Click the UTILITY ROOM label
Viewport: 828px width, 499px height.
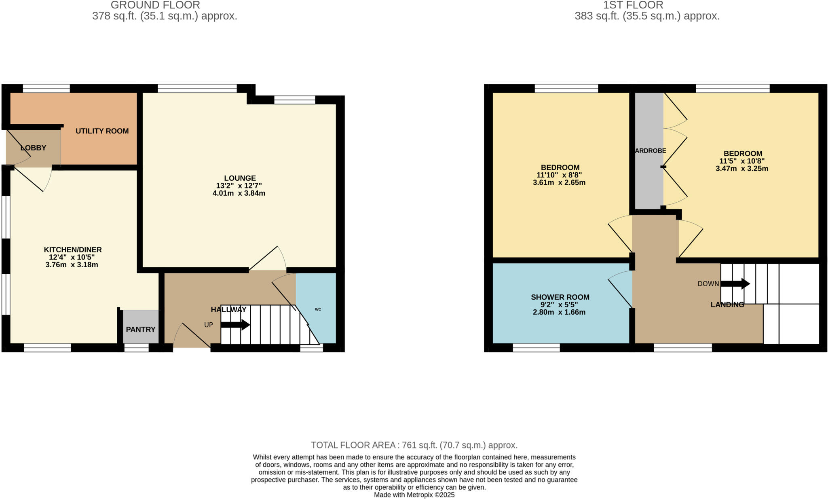pos(102,131)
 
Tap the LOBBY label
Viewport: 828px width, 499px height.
pos(33,148)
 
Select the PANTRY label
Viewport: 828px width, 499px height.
pos(140,330)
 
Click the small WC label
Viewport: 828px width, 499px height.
pos(318,309)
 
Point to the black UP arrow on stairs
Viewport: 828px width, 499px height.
pos(235,324)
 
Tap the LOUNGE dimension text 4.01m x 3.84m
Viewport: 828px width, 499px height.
pos(239,193)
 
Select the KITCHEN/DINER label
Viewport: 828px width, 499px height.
pos(73,250)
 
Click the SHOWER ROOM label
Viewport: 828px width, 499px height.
pos(560,297)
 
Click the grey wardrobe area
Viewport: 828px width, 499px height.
pos(648,178)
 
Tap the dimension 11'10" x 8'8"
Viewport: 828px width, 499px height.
pos(559,175)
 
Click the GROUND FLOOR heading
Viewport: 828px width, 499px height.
pos(155,5)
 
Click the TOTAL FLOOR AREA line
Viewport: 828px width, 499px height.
pos(414,445)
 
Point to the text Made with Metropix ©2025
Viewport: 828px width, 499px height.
pos(414,495)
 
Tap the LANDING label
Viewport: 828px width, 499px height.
pos(727,305)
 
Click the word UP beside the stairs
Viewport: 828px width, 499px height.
pos(208,325)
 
